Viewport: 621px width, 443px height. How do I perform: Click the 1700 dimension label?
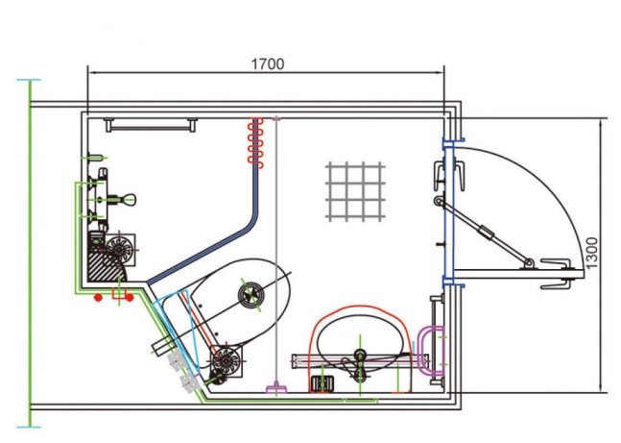268,63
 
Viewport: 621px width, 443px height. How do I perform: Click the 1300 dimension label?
591,253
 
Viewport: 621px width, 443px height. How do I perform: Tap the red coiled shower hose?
255,140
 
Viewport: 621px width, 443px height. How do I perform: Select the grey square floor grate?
355,191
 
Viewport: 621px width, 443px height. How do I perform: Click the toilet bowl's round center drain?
251,295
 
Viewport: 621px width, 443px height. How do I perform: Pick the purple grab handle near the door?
431,350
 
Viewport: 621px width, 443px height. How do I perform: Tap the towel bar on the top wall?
151,125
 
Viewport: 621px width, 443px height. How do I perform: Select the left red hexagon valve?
98,297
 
